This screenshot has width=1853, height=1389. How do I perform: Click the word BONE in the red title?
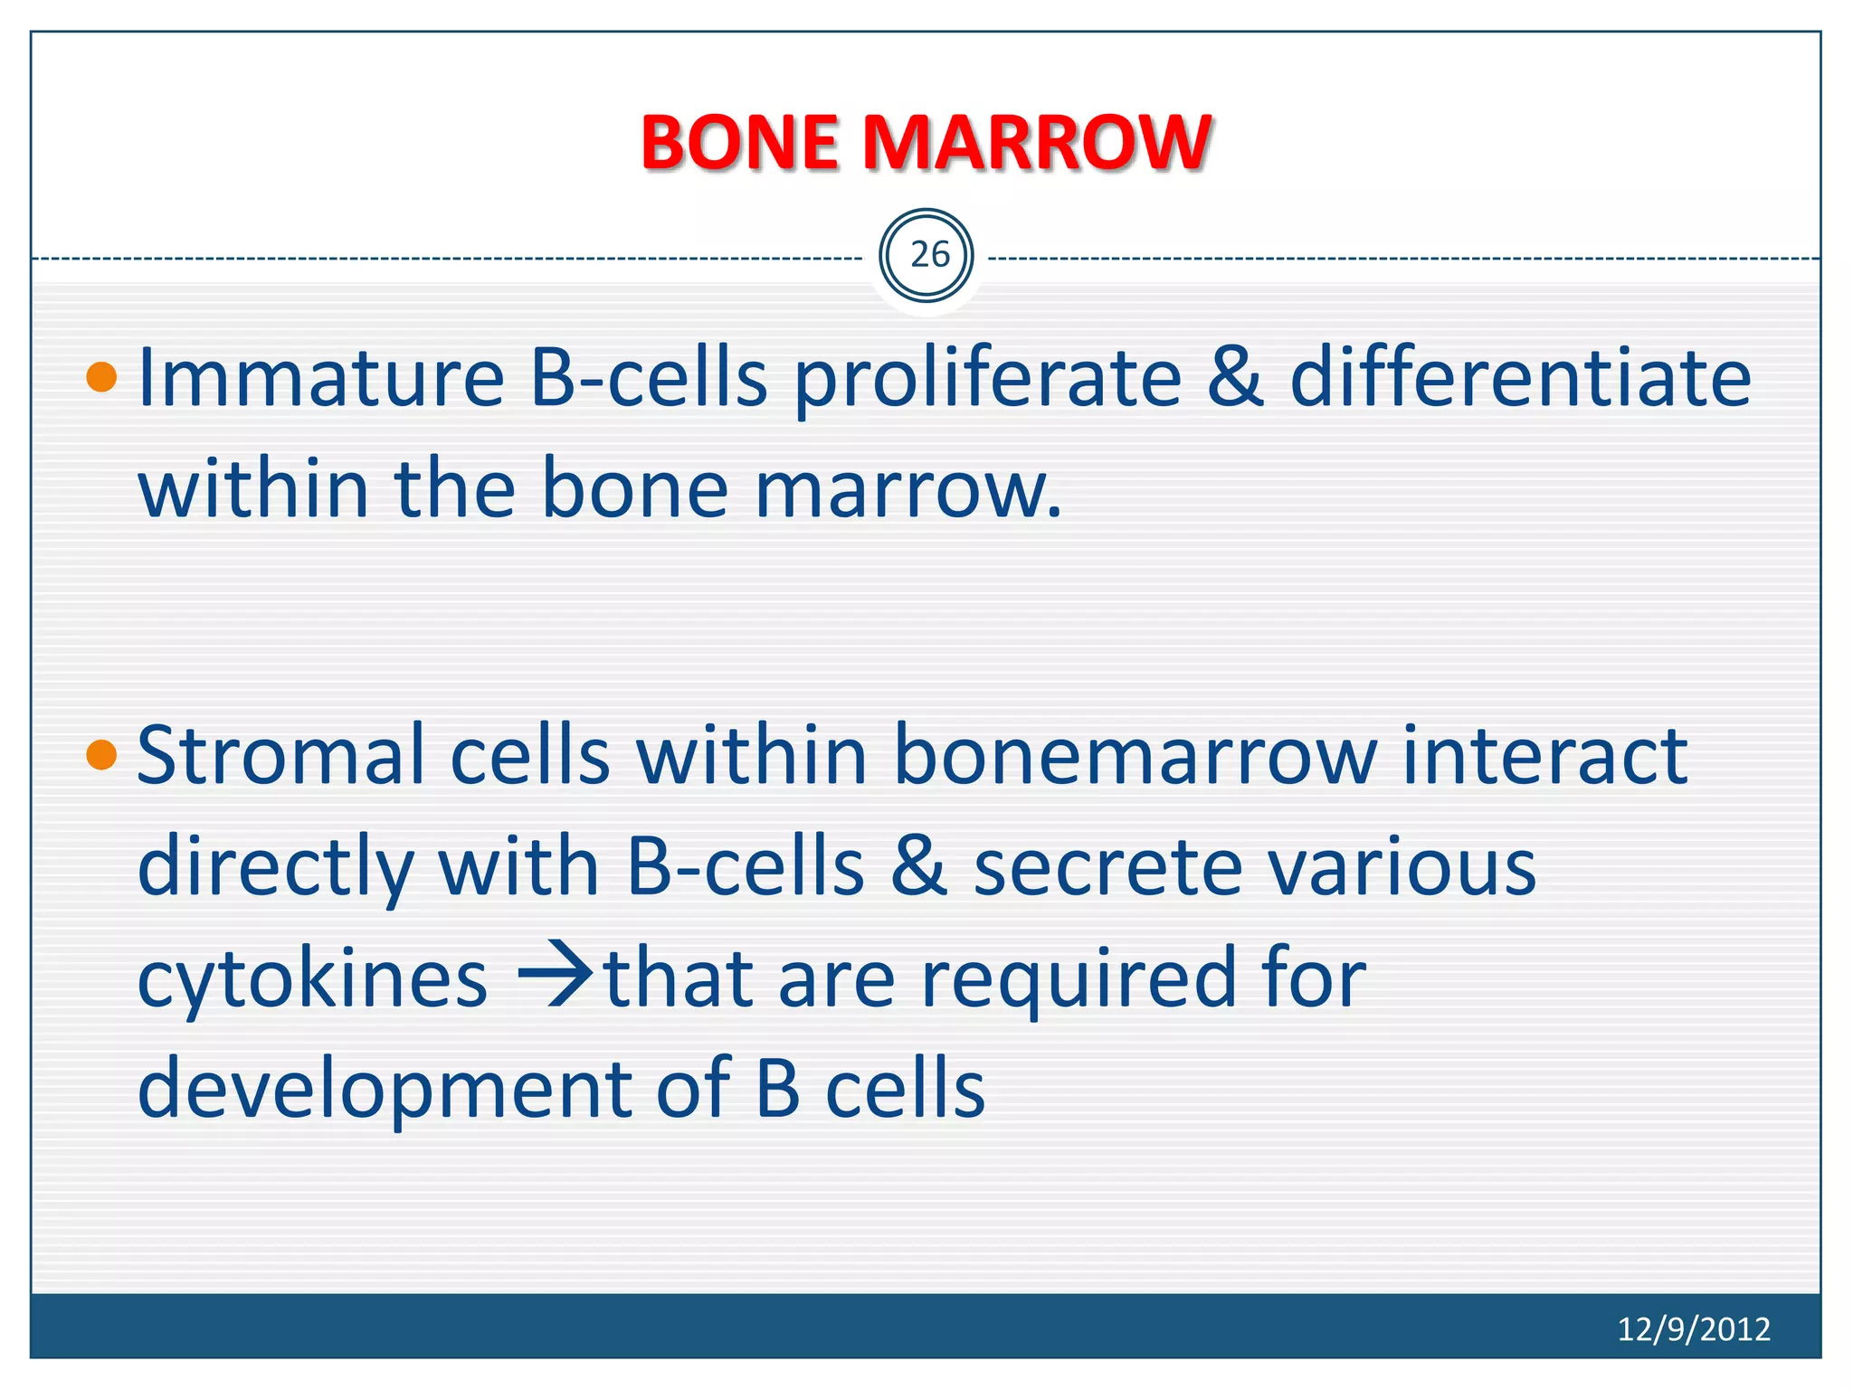tap(738, 143)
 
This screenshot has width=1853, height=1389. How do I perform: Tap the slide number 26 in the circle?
tap(928, 256)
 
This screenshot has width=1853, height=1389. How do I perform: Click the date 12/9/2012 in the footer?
tap(1693, 1328)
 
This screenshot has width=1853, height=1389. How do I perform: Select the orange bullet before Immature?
tap(102, 377)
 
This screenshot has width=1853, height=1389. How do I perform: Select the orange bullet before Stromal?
tap(102, 754)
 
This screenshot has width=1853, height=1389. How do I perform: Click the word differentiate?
tap(1520, 377)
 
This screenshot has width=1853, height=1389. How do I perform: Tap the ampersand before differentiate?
tap(1235, 377)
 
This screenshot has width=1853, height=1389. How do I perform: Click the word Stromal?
tap(280, 756)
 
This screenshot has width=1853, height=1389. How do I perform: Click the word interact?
tap(1544, 756)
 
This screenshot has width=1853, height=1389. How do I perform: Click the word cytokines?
tap(312, 980)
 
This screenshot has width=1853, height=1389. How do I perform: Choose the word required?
tap(1078, 980)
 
